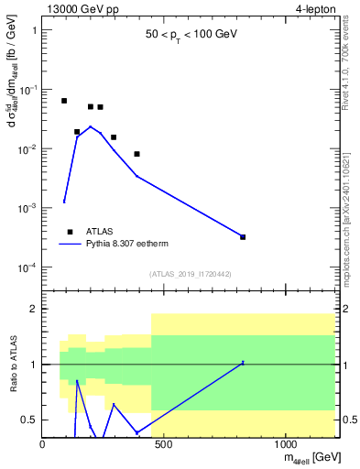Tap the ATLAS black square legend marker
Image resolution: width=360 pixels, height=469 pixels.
pos(70,232)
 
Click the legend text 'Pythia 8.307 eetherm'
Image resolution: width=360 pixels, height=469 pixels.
pos(135,245)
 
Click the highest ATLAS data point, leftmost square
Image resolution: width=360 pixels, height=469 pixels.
pos(64,101)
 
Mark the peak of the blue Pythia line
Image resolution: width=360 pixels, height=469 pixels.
pos(90,126)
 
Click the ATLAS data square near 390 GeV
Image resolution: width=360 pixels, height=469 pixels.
pos(136,154)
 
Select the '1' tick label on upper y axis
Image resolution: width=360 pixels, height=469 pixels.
pos(34,30)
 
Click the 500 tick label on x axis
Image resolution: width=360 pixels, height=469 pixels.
pos(164,445)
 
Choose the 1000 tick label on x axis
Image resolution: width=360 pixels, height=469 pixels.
pos(286,445)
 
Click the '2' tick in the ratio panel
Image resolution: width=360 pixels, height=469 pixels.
pos(34,310)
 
